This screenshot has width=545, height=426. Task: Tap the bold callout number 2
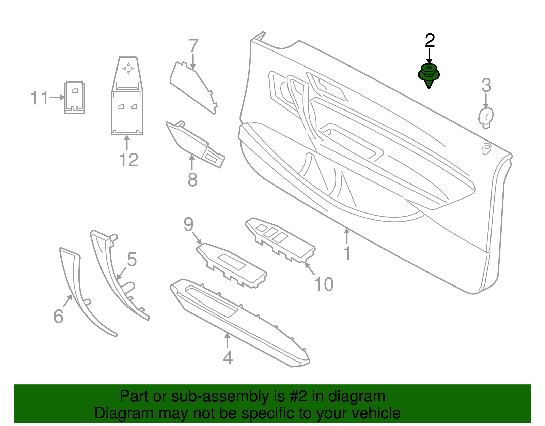tap(430, 41)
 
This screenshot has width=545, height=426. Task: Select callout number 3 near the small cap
tap(486, 86)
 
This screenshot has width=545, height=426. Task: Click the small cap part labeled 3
tap(486, 117)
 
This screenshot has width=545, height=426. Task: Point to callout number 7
tap(193, 46)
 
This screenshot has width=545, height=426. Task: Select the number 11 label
tap(40, 98)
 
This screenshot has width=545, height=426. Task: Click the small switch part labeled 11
tap(75, 98)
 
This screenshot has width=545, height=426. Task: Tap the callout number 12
tap(129, 160)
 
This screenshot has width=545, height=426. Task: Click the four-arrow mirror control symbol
tap(128, 68)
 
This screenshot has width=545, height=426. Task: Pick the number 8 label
tap(192, 179)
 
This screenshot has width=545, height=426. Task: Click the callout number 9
tap(188, 224)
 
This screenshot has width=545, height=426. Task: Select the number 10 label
tap(324, 284)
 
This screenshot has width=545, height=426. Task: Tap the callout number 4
tap(228, 358)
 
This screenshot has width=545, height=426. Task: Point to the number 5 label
tap(132, 260)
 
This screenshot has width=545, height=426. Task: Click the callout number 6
tap(59, 317)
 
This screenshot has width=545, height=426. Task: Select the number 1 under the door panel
tap(347, 253)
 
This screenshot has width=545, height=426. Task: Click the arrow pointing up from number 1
tap(347, 236)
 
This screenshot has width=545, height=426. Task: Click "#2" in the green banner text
tap(298, 397)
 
